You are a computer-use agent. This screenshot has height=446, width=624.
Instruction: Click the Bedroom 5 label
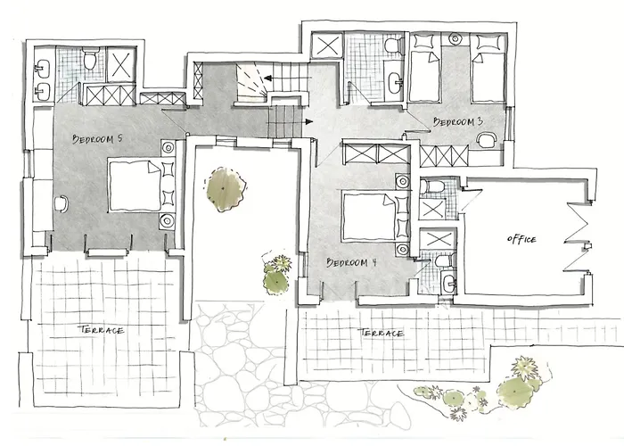[x=97, y=139]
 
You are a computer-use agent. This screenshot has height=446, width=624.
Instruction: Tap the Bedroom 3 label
[x=458, y=121]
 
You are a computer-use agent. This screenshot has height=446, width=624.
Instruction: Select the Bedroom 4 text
[x=351, y=262]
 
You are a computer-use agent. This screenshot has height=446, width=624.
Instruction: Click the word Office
[x=521, y=239]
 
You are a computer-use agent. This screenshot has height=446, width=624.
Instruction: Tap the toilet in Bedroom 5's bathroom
[x=91, y=58]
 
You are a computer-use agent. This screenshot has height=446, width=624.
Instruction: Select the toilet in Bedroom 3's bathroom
[x=394, y=45]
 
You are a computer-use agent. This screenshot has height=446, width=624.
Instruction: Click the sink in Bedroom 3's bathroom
[x=396, y=82]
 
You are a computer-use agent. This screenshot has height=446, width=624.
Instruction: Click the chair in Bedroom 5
[x=62, y=204]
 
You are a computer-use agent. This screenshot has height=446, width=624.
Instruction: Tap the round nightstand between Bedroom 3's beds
[x=456, y=38]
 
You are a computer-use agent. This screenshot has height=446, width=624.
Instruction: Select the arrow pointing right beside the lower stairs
[x=308, y=121]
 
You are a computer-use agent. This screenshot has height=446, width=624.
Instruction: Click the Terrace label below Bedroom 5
[x=101, y=330]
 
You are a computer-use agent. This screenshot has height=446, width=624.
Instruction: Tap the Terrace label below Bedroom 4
[x=381, y=333]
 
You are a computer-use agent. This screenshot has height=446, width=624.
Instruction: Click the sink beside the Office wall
[x=449, y=283]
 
